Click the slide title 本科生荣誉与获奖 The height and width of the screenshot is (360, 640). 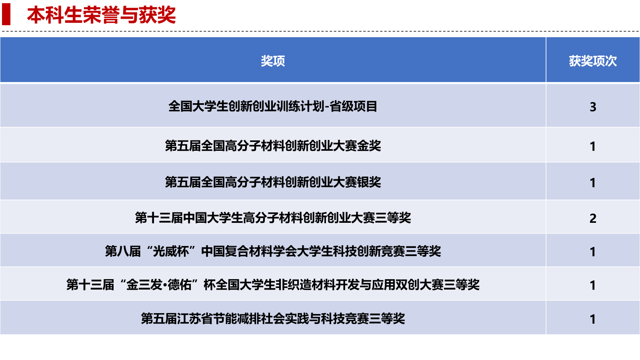pyautogui.click(x=102, y=15)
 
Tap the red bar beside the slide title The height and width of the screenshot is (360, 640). pyautogui.click(x=6, y=14)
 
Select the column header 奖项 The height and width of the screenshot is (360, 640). pyautogui.click(x=273, y=61)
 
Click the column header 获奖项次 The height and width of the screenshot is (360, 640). pyautogui.click(x=592, y=61)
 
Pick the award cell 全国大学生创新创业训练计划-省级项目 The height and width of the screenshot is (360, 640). pyautogui.click(x=273, y=106)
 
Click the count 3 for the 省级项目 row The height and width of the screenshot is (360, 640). pyautogui.click(x=593, y=107)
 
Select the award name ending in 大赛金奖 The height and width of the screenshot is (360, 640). pyautogui.click(x=273, y=146)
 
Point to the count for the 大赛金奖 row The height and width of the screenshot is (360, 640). pyautogui.click(x=593, y=146)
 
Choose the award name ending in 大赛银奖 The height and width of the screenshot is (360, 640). pyautogui.click(x=273, y=182)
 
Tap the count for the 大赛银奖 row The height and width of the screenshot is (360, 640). pyautogui.click(x=593, y=182)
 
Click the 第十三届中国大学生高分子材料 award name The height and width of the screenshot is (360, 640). pyautogui.click(x=273, y=218)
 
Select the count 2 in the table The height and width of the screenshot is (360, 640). pyautogui.click(x=593, y=218)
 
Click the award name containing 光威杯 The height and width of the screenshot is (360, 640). pyautogui.click(x=273, y=251)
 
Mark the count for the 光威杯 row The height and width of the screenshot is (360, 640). pyautogui.click(x=593, y=252)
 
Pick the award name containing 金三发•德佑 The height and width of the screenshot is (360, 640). pyautogui.click(x=273, y=284)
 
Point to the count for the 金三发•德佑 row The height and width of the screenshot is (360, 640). pyautogui.click(x=593, y=285)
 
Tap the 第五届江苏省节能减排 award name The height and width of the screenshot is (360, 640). pyautogui.click(x=273, y=318)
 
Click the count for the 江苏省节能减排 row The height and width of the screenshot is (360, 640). pyautogui.click(x=593, y=319)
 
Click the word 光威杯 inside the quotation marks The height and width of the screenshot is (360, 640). pyautogui.click(x=171, y=251)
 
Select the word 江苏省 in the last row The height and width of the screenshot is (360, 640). pyautogui.click(x=195, y=318)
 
